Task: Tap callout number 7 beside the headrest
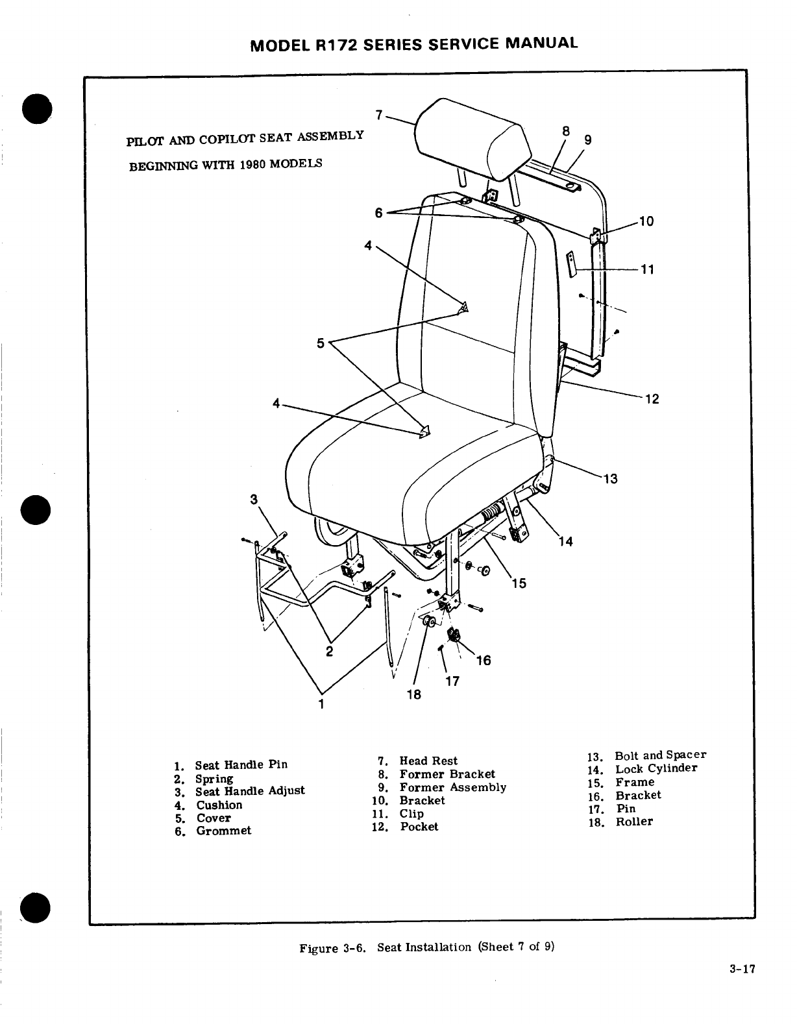378,115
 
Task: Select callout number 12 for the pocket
652,398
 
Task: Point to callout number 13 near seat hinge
610,479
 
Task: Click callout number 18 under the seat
413,694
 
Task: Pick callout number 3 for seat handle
254,499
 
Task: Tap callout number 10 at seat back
646,221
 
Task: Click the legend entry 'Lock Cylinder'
656,768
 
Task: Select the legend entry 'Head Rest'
428,761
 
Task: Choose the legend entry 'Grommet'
224,831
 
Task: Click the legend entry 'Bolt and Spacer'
660,755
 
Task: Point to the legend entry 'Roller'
634,822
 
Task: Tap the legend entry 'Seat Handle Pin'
241,764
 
